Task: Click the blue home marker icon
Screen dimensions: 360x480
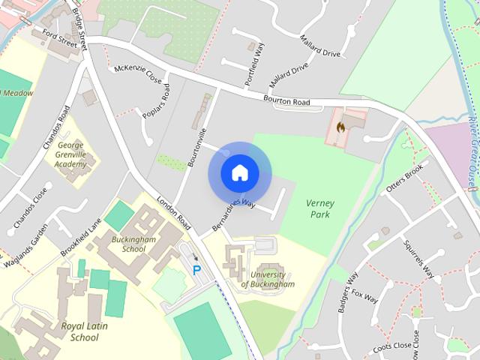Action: [239, 172]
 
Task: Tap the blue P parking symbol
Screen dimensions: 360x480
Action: [197, 270]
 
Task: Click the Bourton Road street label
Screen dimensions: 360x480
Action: [286, 100]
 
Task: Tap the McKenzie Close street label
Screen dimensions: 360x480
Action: [138, 74]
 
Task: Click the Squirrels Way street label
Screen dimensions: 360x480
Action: [418, 259]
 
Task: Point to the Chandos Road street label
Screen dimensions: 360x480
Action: [57, 127]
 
